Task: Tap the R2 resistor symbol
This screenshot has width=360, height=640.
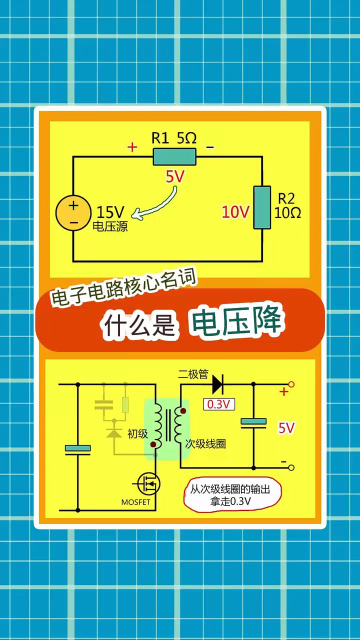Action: pyautogui.click(x=262, y=207)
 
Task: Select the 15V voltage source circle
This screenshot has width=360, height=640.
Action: pyautogui.click(x=73, y=211)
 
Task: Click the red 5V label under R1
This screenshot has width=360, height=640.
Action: pyautogui.click(x=176, y=176)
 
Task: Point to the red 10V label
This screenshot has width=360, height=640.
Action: pyautogui.click(x=235, y=212)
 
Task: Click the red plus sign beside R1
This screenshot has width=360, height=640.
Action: pyautogui.click(x=132, y=147)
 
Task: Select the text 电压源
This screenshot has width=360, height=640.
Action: pyautogui.click(x=110, y=226)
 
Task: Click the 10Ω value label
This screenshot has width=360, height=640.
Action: pyautogui.click(x=288, y=213)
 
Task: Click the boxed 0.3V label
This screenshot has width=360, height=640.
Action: pyautogui.click(x=218, y=404)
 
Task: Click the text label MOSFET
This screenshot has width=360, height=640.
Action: pyautogui.click(x=135, y=502)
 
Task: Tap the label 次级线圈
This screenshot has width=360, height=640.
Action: pyautogui.click(x=205, y=443)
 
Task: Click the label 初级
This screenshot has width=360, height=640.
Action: pyautogui.click(x=137, y=433)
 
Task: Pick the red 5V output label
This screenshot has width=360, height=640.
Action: pyautogui.click(x=286, y=428)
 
